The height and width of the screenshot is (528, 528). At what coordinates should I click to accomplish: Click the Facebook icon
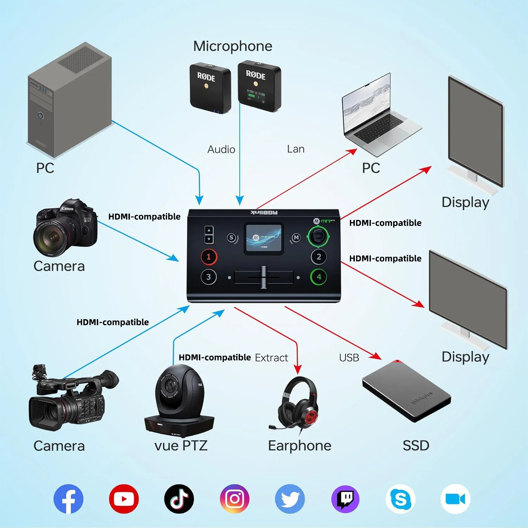click(68, 499)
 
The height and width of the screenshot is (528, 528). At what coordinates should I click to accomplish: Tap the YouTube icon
click(124, 499)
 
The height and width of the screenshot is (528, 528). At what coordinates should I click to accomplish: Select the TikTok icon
click(179, 499)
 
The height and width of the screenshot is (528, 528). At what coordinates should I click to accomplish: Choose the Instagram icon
click(235, 499)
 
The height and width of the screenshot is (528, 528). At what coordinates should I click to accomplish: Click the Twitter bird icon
click(290, 499)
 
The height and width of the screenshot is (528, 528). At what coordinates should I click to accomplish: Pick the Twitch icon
click(345, 499)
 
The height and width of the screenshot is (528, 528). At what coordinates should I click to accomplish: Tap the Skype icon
click(401, 499)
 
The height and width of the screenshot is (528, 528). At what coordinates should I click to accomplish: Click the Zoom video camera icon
click(455, 499)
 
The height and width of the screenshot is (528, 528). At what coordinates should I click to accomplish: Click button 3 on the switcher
click(208, 277)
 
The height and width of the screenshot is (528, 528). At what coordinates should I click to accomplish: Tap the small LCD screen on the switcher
click(264, 238)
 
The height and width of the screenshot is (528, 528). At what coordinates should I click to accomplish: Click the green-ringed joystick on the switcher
click(318, 236)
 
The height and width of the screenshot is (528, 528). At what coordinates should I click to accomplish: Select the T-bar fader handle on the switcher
click(264, 277)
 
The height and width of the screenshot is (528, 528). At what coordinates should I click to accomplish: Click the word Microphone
click(233, 46)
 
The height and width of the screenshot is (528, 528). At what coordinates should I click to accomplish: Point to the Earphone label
click(300, 446)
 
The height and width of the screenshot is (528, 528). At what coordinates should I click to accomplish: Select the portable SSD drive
click(407, 391)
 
